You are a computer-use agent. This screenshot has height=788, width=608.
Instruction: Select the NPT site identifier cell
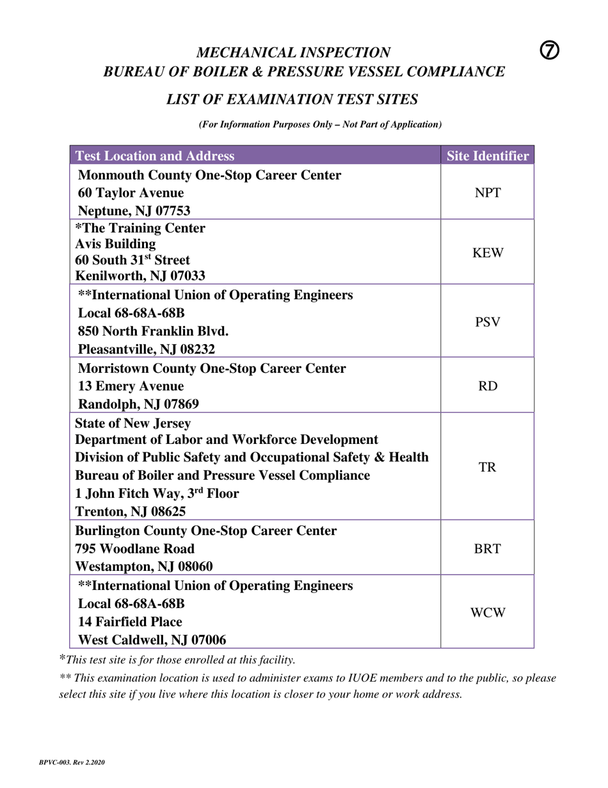coord(487,192)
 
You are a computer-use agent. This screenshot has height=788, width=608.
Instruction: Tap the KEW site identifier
coord(487,252)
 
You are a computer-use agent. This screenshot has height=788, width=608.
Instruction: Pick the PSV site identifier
coord(487,322)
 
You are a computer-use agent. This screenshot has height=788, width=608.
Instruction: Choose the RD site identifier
coord(487,386)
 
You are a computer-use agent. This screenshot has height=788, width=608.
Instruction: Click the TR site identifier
coord(487,467)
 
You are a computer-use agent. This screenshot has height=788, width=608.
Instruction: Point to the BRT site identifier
coord(487,548)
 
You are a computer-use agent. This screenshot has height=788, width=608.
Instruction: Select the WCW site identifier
coord(487,612)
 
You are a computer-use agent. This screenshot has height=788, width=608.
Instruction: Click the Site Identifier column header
coord(487,156)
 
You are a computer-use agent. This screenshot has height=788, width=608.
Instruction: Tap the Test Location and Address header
coord(155,156)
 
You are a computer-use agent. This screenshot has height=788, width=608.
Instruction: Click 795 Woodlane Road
coord(135,548)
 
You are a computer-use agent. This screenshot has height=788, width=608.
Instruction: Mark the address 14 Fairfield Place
coord(130,621)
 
